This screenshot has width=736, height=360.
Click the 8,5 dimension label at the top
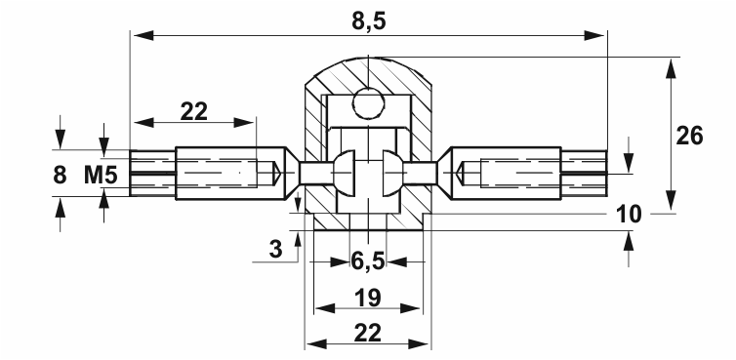(x=368, y=20)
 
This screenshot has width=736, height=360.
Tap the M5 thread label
(x=101, y=176)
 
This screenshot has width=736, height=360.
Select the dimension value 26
(x=689, y=137)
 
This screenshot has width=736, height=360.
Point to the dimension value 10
(x=629, y=215)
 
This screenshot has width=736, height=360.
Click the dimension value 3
(x=276, y=249)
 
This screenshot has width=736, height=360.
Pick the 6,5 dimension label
(x=368, y=260)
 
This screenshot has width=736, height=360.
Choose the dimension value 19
(x=368, y=298)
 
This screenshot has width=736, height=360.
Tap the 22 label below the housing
(x=368, y=334)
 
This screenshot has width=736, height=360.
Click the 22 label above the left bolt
(x=194, y=112)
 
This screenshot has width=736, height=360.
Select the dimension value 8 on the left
(x=60, y=176)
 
